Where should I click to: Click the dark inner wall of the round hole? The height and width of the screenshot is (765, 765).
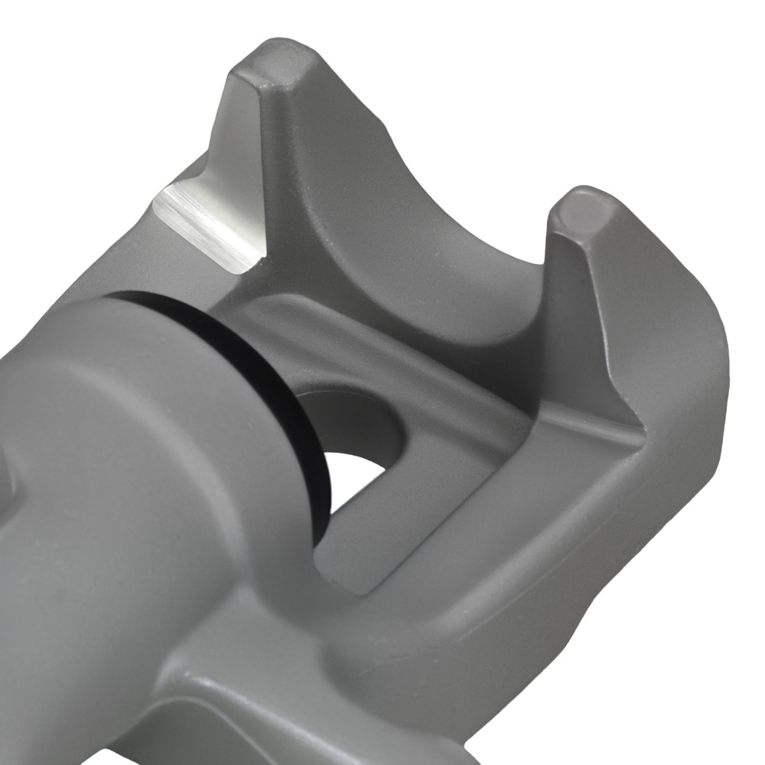pos(352,421)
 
